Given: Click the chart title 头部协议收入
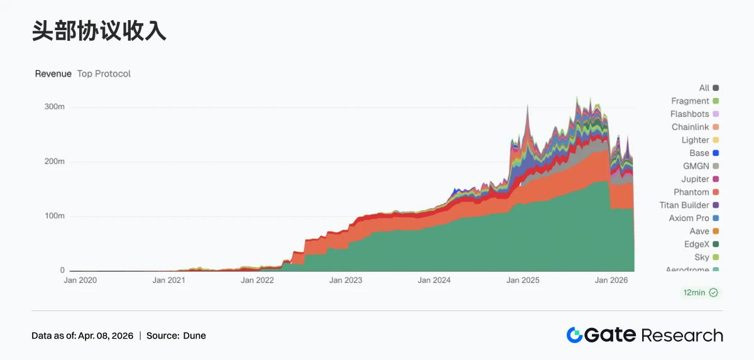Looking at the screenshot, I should click(99, 31).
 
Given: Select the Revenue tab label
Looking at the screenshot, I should click(53, 74).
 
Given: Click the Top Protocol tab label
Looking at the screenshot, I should click(104, 74).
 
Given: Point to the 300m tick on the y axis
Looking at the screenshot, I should click(55, 107).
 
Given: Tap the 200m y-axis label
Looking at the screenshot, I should click(55, 161).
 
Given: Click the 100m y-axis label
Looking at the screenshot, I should click(55, 216).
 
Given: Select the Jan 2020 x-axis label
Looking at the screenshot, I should click(80, 280).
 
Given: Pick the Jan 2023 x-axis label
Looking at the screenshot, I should click(346, 280).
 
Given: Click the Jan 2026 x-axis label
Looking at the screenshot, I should click(611, 280).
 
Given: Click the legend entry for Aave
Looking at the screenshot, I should click(699, 231).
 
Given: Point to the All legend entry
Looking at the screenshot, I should click(704, 88).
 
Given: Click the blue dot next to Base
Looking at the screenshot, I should click(716, 153).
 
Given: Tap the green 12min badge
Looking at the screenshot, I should click(700, 293).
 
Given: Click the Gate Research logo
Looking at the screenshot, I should click(644, 335).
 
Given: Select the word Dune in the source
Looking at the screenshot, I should click(194, 335).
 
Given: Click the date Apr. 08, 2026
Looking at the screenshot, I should click(106, 335).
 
